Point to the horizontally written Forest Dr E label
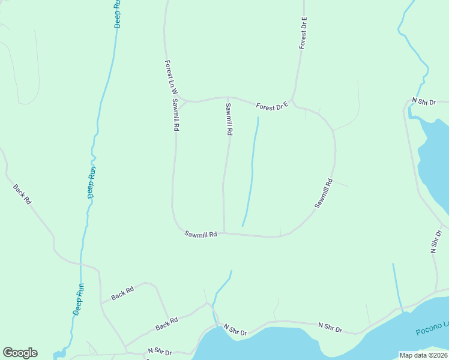[x=272, y=106]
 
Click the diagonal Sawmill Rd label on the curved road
[x=324, y=194]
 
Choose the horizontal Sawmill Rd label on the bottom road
[x=200, y=235]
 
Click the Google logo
[x=20, y=353]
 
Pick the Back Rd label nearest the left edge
[x=22, y=194]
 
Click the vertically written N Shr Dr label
[x=436, y=241]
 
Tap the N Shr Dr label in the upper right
[x=423, y=102]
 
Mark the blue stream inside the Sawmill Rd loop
[x=252, y=174]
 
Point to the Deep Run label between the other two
[x=92, y=182]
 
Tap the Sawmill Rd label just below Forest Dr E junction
[x=228, y=119]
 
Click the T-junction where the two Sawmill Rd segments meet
[x=224, y=233]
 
